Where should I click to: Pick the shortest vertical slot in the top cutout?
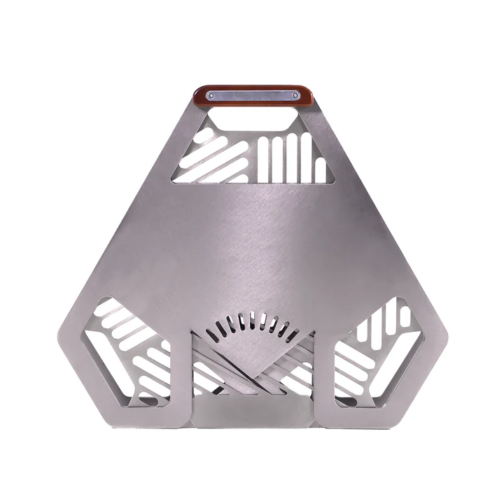(x=320, y=171)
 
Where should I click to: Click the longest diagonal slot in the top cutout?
(x=218, y=158)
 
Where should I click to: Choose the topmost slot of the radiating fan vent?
(x=252, y=318)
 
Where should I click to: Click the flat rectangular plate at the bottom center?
(x=252, y=414)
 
